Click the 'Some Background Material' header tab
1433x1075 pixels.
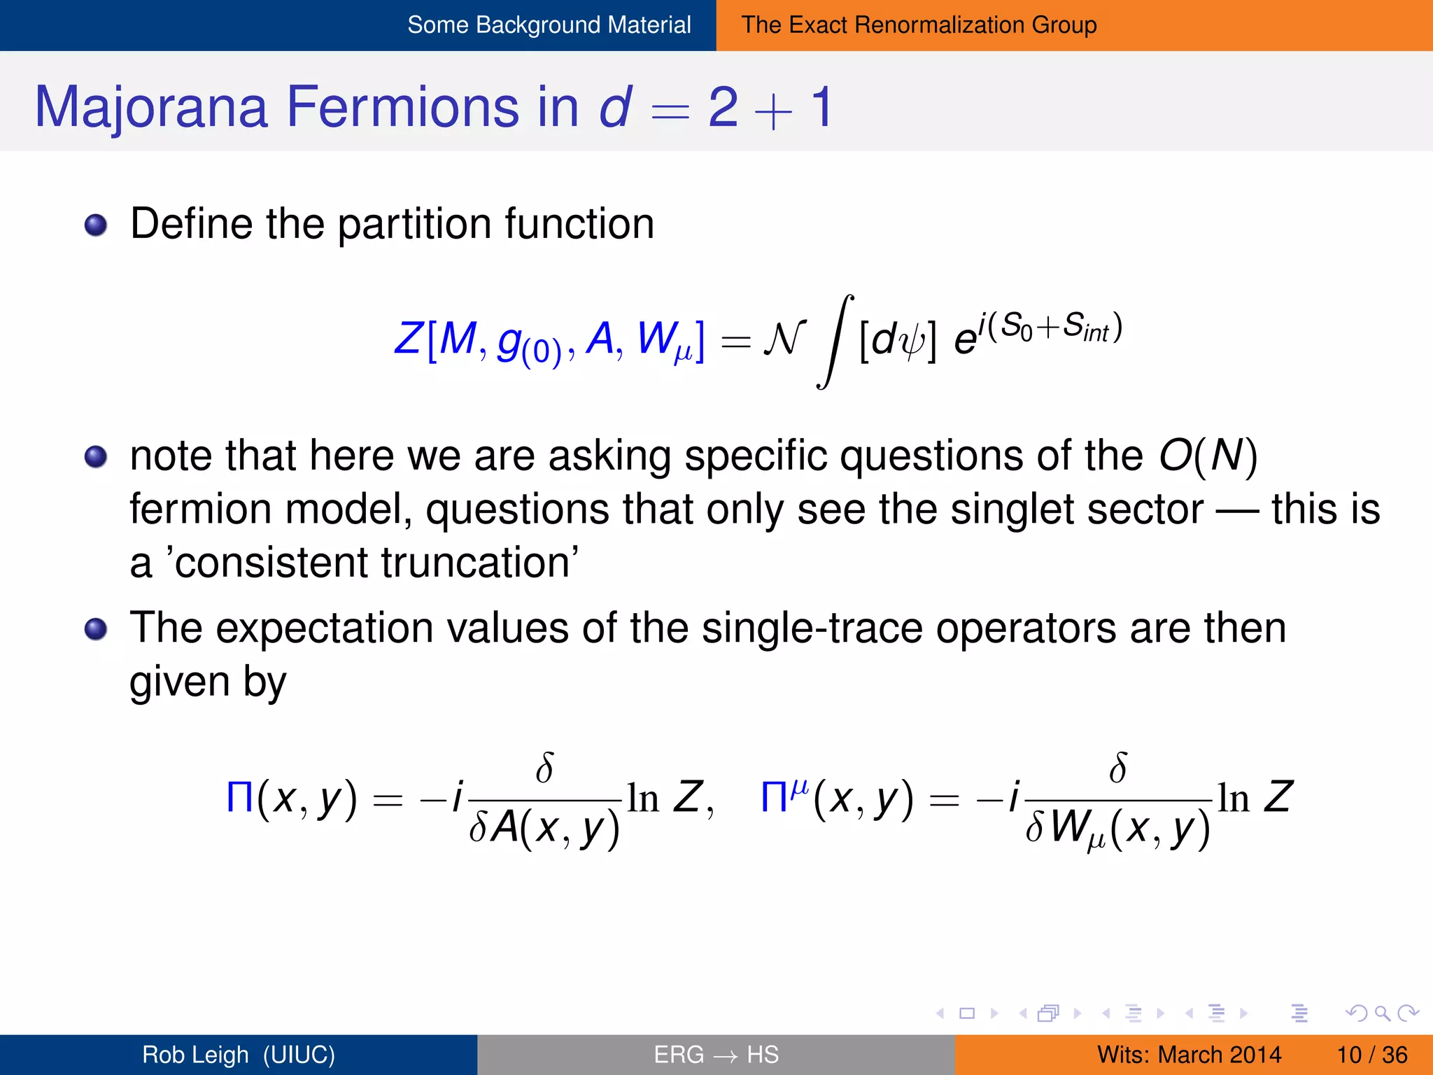coord(549,25)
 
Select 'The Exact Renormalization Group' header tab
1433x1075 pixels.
coord(919,25)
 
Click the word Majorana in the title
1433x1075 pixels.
coord(151,107)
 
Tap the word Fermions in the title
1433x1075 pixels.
coord(403,107)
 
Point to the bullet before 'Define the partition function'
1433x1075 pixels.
coord(96,225)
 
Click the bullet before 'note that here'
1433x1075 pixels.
coord(96,457)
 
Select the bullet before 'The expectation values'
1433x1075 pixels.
coord(96,628)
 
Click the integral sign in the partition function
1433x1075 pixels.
coord(834,342)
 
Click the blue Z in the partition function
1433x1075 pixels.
coord(408,339)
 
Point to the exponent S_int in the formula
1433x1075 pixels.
coord(1086,328)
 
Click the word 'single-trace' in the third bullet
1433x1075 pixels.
coord(812,628)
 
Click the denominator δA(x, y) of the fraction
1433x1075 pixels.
coord(544,828)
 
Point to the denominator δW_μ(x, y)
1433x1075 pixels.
coord(1117,829)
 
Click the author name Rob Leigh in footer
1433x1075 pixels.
coord(196,1055)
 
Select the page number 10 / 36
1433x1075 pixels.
coord(1371,1055)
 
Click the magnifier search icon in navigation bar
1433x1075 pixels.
coord(1382,1013)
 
